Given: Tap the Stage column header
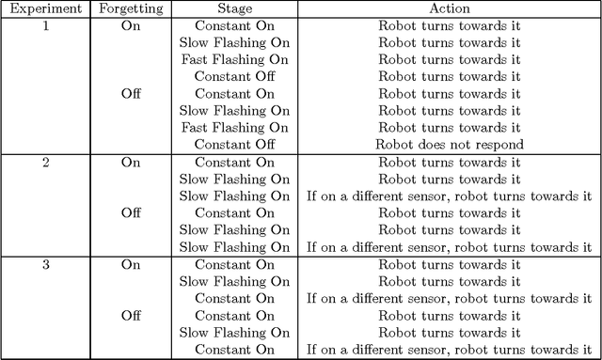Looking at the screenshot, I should (x=234, y=8).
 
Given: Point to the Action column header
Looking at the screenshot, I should (x=449, y=8).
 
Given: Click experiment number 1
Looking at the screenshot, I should (x=44, y=25).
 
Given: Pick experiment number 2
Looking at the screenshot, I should (x=44, y=162).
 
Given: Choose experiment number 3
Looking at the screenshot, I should (x=44, y=265).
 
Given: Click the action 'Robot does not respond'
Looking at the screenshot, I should (x=449, y=145).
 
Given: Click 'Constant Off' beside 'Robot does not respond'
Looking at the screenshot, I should (x=234, y=145).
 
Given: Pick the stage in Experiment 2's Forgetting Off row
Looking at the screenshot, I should (x=234, y=213).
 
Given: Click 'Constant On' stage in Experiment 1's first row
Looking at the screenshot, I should (x=234, y=25).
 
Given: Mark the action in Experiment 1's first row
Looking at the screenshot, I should (x=449, y=25).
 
